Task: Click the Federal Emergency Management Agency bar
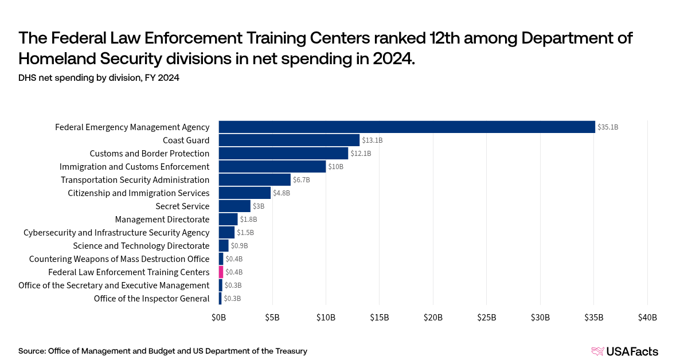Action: click(x=407, y=127)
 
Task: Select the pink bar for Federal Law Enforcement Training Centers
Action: click(x=221, y=272)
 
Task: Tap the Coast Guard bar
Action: click(x=289, y=140)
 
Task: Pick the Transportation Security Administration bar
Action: click(x=255, y=179)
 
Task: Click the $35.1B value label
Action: click(x=608, y=127)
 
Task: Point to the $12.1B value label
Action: click(x=361, y=153)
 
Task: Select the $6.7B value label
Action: click(x=302, y=179)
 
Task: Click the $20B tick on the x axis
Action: click(x=433, y=318)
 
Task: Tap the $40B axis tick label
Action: click(x=647, y=318)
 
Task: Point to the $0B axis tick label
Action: click(x=218, y=318)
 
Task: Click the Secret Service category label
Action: click(x=182, y=206)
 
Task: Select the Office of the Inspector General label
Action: click(x=151, y=298)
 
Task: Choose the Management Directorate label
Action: click(x=162, y=219)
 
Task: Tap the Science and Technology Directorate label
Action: click(x=141, y=245)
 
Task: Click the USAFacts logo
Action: click(x=624, y=351)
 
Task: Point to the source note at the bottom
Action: click(x=163, y=351)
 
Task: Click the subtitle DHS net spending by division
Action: click(x=99, y=78)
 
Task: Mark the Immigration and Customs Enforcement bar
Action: click(x=272, y=166)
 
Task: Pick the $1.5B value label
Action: click(x=245, y=232)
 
